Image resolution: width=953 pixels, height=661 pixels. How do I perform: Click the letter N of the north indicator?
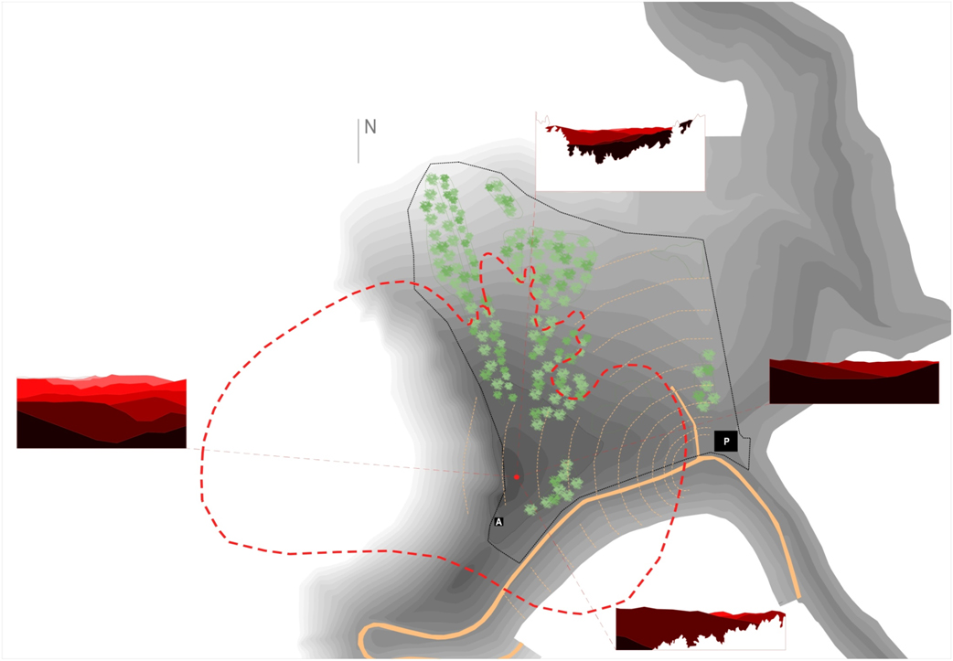tap(370, 127)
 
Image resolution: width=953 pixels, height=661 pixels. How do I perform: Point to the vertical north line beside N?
tap(359, 142)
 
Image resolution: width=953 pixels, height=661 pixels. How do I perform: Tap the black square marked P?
tap(726, 442)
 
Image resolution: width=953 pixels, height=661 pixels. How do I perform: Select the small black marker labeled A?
tap(498, 522)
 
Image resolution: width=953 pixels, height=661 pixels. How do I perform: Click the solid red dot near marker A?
tap(517, 476)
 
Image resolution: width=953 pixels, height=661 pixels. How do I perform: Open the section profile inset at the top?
tap(620, 153)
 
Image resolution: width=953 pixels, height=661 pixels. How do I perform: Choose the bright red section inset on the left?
tap(102, 411)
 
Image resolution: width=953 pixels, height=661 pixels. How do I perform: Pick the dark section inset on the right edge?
tap(854, 381)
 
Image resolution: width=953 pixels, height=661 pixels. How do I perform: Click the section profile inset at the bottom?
tap(701, 628)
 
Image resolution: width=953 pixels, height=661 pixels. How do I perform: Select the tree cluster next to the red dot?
tap(560, 485)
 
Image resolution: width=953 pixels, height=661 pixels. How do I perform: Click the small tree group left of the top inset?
tap(501, 197)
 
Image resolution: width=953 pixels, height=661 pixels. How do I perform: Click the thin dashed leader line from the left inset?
tap(348, 462)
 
